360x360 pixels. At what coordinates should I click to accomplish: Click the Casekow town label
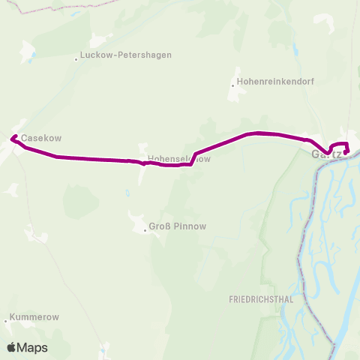tap(40, 139)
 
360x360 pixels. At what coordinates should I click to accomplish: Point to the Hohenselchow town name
tap(179, 159)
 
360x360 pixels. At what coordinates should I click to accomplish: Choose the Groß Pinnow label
tap(177, 226)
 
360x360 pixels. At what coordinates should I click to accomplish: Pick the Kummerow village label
tap(34, 318)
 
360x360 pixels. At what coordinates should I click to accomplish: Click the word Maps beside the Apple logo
tap(32, 348)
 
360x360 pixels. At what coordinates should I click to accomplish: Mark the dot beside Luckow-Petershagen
tap(76, 58)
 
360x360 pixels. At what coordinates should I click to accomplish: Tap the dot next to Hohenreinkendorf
tap(232, 85)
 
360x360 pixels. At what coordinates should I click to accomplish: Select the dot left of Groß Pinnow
tap(145, 229)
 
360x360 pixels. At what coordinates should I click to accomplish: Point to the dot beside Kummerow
tap(7, 321)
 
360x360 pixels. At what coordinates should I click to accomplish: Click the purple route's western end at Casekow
tap(11, 137)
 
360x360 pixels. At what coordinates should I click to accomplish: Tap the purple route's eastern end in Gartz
tap(346, 153)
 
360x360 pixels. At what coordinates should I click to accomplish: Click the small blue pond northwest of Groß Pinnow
tap(128, 193)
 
